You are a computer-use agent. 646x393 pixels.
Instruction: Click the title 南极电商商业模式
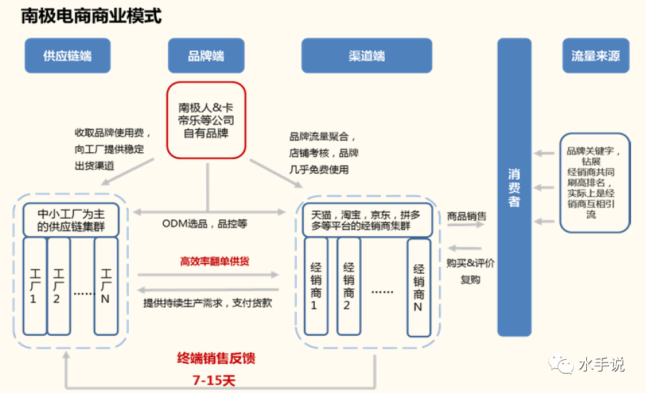pos(91,16)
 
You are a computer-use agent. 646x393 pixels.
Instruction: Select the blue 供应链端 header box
pos(68,56)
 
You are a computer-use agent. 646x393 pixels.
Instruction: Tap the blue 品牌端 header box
pos(206,56)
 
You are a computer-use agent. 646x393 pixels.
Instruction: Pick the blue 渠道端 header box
pos(367,56)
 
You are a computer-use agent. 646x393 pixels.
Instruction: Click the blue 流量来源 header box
pos(595,56)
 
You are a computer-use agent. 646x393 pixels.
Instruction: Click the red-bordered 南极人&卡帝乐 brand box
pos(206,120)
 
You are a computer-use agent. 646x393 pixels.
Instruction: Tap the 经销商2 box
pos(348,287)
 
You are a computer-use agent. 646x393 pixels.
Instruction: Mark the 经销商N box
pos(418,287)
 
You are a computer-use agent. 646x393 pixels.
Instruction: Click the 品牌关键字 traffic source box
pos(595,183)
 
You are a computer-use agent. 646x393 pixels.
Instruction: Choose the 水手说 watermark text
pos(601,365)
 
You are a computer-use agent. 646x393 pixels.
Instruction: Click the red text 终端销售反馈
pos(216,359)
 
